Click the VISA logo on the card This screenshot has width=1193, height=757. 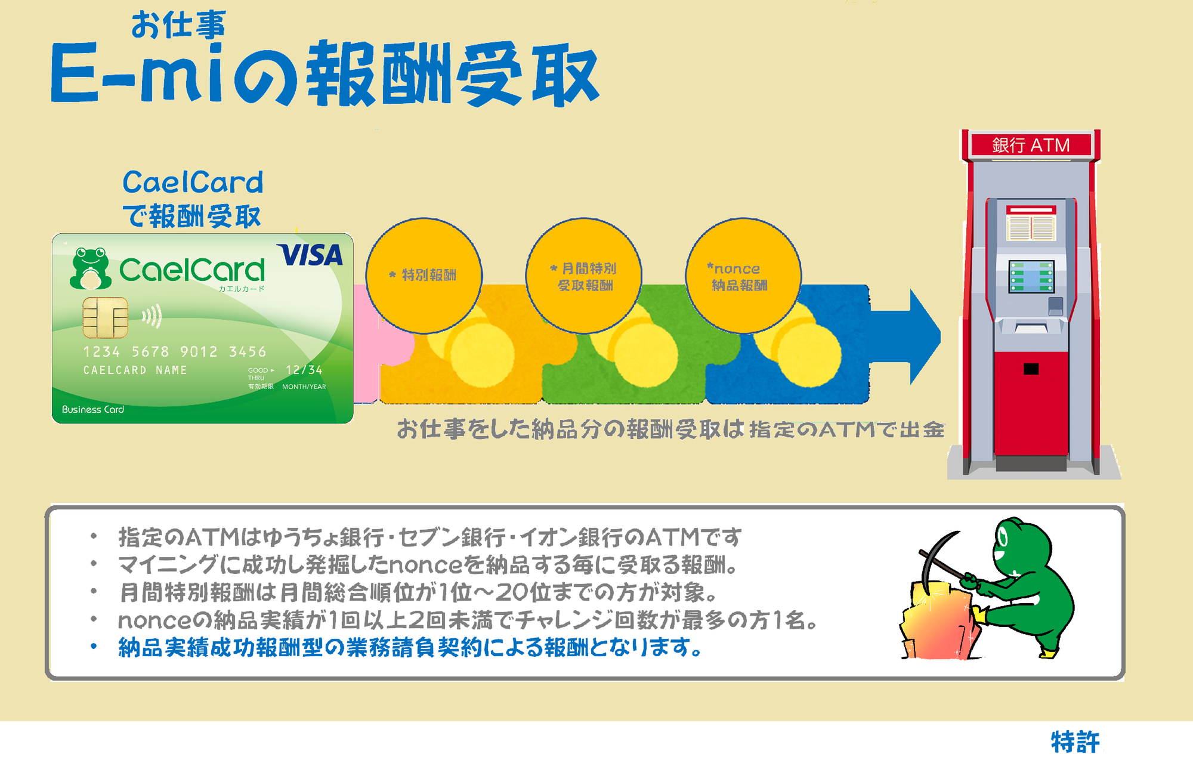(310, 255)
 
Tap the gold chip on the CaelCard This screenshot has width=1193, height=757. (105, 317)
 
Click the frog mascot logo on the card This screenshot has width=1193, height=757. (90, 269)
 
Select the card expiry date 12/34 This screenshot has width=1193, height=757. (304, 370)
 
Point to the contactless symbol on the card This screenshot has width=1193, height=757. (152, 316)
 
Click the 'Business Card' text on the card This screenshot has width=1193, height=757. (93, 409)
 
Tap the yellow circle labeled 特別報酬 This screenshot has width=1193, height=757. (424, 275)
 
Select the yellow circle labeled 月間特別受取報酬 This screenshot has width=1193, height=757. (583, 276)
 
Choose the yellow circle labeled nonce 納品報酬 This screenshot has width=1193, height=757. (743, 276)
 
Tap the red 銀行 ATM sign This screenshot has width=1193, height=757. (1031, 145)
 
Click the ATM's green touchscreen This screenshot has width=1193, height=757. (1031, 277)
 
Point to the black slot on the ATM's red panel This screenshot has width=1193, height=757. (1031, 369)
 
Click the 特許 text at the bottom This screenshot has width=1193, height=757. (1075, 742)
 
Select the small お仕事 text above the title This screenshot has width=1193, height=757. (178, 25)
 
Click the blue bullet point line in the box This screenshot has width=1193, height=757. (411, 647)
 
